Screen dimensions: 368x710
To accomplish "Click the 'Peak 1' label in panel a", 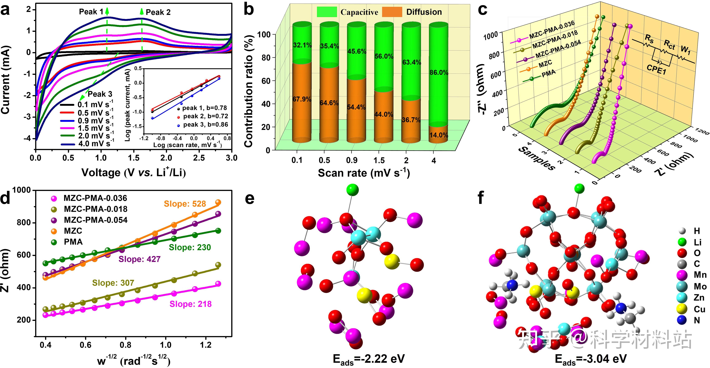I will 91,12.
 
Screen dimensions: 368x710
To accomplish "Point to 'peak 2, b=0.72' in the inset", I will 205,116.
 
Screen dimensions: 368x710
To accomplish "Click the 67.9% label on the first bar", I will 302,99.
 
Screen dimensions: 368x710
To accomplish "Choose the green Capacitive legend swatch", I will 327,12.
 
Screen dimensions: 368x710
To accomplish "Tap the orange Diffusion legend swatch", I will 392,12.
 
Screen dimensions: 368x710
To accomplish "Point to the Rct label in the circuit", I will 669,44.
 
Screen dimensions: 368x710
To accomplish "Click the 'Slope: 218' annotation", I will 190,304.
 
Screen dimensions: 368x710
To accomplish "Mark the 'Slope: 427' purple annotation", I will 139,259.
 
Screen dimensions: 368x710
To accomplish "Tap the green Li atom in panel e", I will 353,190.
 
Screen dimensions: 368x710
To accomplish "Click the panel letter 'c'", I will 482,10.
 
